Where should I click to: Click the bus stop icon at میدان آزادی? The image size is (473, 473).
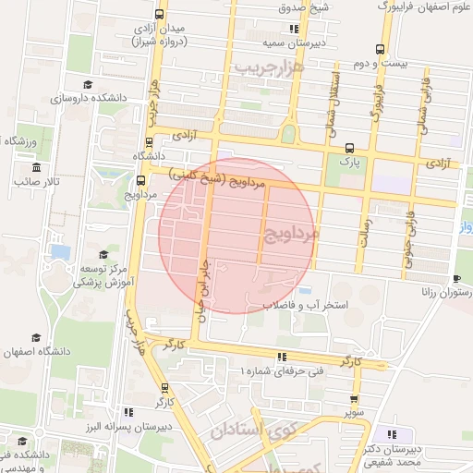(162, 14)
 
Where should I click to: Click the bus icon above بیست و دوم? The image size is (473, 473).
(380, 50)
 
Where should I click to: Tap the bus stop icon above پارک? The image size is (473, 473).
(349, 148)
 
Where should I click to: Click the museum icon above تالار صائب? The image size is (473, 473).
(36, 167)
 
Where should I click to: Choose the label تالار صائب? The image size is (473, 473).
(36, 182)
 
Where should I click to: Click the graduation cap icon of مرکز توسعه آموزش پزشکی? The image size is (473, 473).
(103, 254)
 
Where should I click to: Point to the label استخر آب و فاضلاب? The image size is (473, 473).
(305, 303)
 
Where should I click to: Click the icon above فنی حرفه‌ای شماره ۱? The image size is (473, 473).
(281, 357)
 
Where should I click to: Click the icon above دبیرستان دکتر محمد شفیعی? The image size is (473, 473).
(393, 434)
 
